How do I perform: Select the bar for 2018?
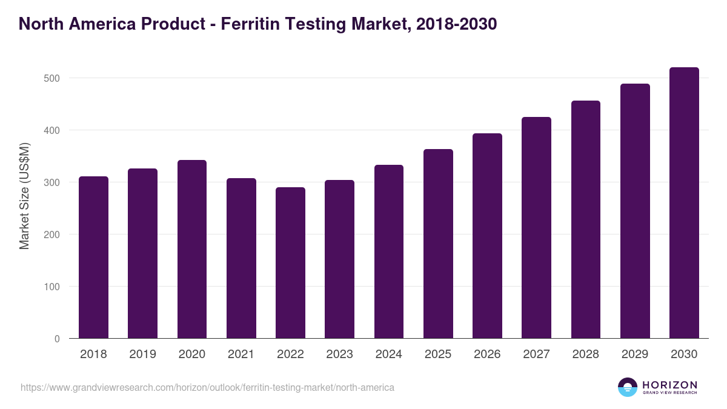93,258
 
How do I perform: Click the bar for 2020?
192,249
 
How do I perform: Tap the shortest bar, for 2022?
290,263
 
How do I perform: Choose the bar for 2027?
536,228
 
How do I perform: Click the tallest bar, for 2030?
684,203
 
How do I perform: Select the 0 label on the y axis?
57,339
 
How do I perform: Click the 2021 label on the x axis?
241,354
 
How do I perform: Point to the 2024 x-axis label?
388,354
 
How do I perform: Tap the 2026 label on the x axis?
487,354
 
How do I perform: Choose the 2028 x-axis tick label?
586,354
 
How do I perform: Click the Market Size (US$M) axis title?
24,196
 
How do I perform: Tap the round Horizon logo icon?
628,387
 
